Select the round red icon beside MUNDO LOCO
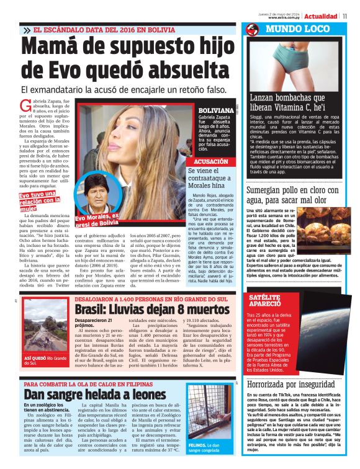coord(251,29)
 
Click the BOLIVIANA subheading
coord(215,110)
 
